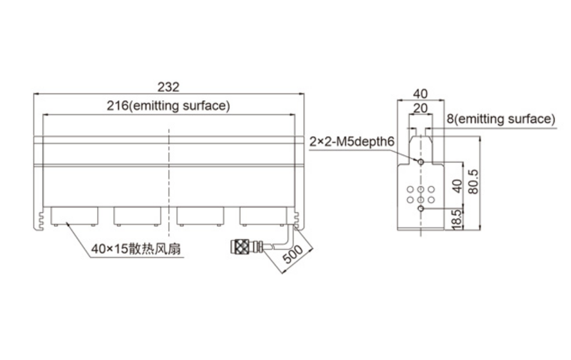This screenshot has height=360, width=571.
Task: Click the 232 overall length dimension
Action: click(168, 87)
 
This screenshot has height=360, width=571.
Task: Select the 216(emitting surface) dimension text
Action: click(168, 106)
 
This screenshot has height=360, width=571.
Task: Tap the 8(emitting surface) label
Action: click(501, 119)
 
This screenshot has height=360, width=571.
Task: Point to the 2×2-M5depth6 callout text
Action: click(352, 141)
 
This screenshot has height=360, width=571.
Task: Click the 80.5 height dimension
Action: click(473, 182)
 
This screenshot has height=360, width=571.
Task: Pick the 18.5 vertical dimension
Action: click(456, 220)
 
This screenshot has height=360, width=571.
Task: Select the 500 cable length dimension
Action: click(293, 254)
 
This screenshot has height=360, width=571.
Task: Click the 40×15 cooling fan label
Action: click(136, 249)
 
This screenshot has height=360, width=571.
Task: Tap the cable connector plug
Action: click(247, 247)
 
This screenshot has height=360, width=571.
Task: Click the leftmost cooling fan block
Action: click(74, 216)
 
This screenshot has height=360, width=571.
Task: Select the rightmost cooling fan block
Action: click(264, 216)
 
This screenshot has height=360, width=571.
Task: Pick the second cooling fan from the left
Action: click(137, 216)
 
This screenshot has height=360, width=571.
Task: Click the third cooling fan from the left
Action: click(201, 216)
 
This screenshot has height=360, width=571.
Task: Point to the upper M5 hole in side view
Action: click(421, 161)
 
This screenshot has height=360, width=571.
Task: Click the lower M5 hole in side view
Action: click(421, 209)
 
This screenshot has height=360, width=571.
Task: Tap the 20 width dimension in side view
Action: click(420, 108)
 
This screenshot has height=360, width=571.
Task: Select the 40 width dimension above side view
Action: click(420, 94)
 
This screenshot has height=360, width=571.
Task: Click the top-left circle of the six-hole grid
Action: click(411, 189)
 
